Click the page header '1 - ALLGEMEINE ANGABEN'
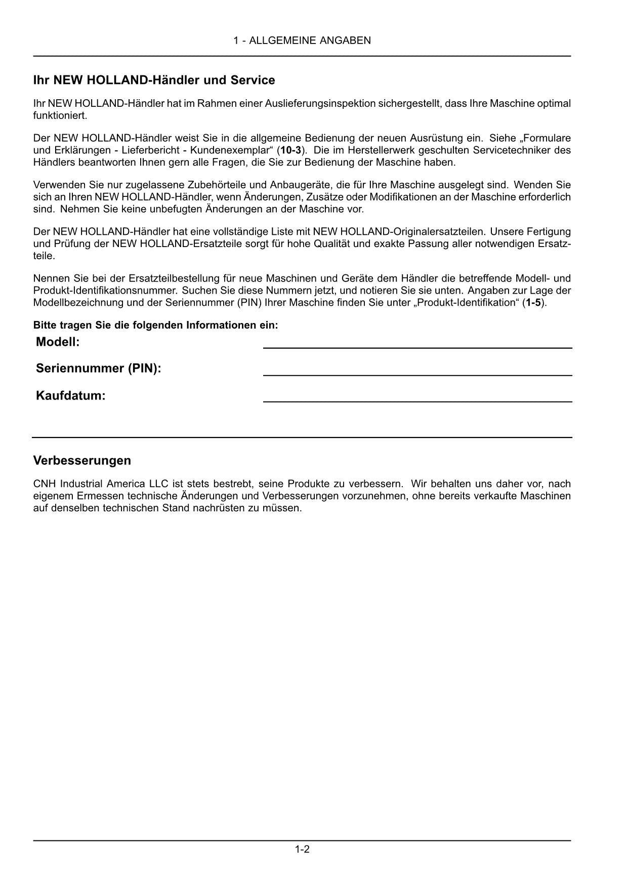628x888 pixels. pos(302,41)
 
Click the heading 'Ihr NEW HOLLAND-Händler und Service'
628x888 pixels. pos(154,80)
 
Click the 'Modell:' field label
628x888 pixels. pos(58,342)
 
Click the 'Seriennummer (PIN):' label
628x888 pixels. pos(98,369)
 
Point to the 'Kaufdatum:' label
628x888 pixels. pos(70,396)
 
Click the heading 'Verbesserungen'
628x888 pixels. pos(82,461)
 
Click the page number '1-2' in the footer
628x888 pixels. pos(302,850)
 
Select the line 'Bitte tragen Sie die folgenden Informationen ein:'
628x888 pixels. pos(155,326)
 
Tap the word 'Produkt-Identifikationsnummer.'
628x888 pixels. pos(105,291)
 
